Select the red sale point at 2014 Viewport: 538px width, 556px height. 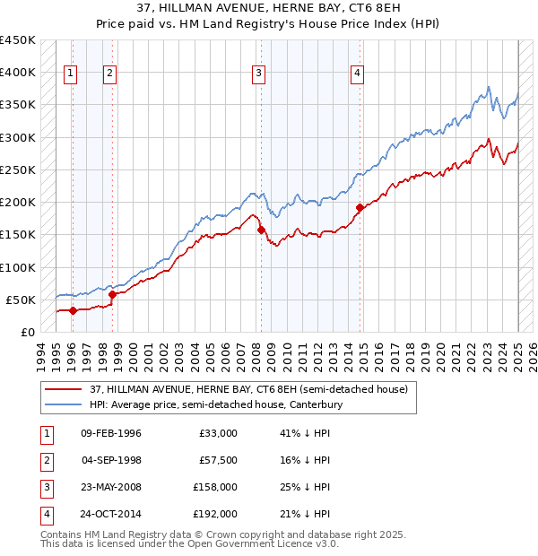click(359, 207)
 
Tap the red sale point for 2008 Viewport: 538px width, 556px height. click(262, 230)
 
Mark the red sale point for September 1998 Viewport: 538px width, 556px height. click(112, 293)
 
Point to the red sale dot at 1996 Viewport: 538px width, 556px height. click(72, 310)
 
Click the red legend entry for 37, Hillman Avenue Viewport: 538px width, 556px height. click(248, 389)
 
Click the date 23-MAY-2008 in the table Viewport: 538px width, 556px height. click(111, 489)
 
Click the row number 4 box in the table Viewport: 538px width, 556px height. click(46, 514)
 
